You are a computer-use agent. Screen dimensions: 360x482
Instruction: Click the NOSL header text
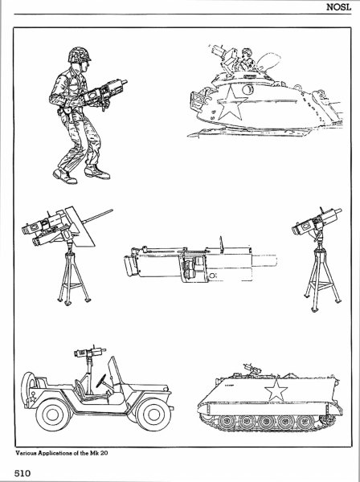[338, 7]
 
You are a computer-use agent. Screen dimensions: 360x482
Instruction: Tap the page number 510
[22, 472]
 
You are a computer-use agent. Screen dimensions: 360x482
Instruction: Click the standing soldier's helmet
[80, 55]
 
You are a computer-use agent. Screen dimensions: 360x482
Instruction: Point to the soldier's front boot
[97, 172]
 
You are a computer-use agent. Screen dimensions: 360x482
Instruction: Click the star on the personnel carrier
[276, 390]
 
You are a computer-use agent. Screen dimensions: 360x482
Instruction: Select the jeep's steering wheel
[101, 381]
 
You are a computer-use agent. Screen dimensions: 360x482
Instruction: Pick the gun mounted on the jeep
[89, 352]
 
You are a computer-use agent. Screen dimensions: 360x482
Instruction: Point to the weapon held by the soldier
[106, 92]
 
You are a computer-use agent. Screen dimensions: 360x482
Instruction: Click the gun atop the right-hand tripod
[316, 222]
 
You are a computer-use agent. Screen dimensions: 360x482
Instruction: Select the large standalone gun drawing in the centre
[200, 262]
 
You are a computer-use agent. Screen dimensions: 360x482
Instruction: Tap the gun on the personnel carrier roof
[252, 368]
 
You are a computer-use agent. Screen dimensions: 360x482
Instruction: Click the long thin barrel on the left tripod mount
[97, 215]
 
